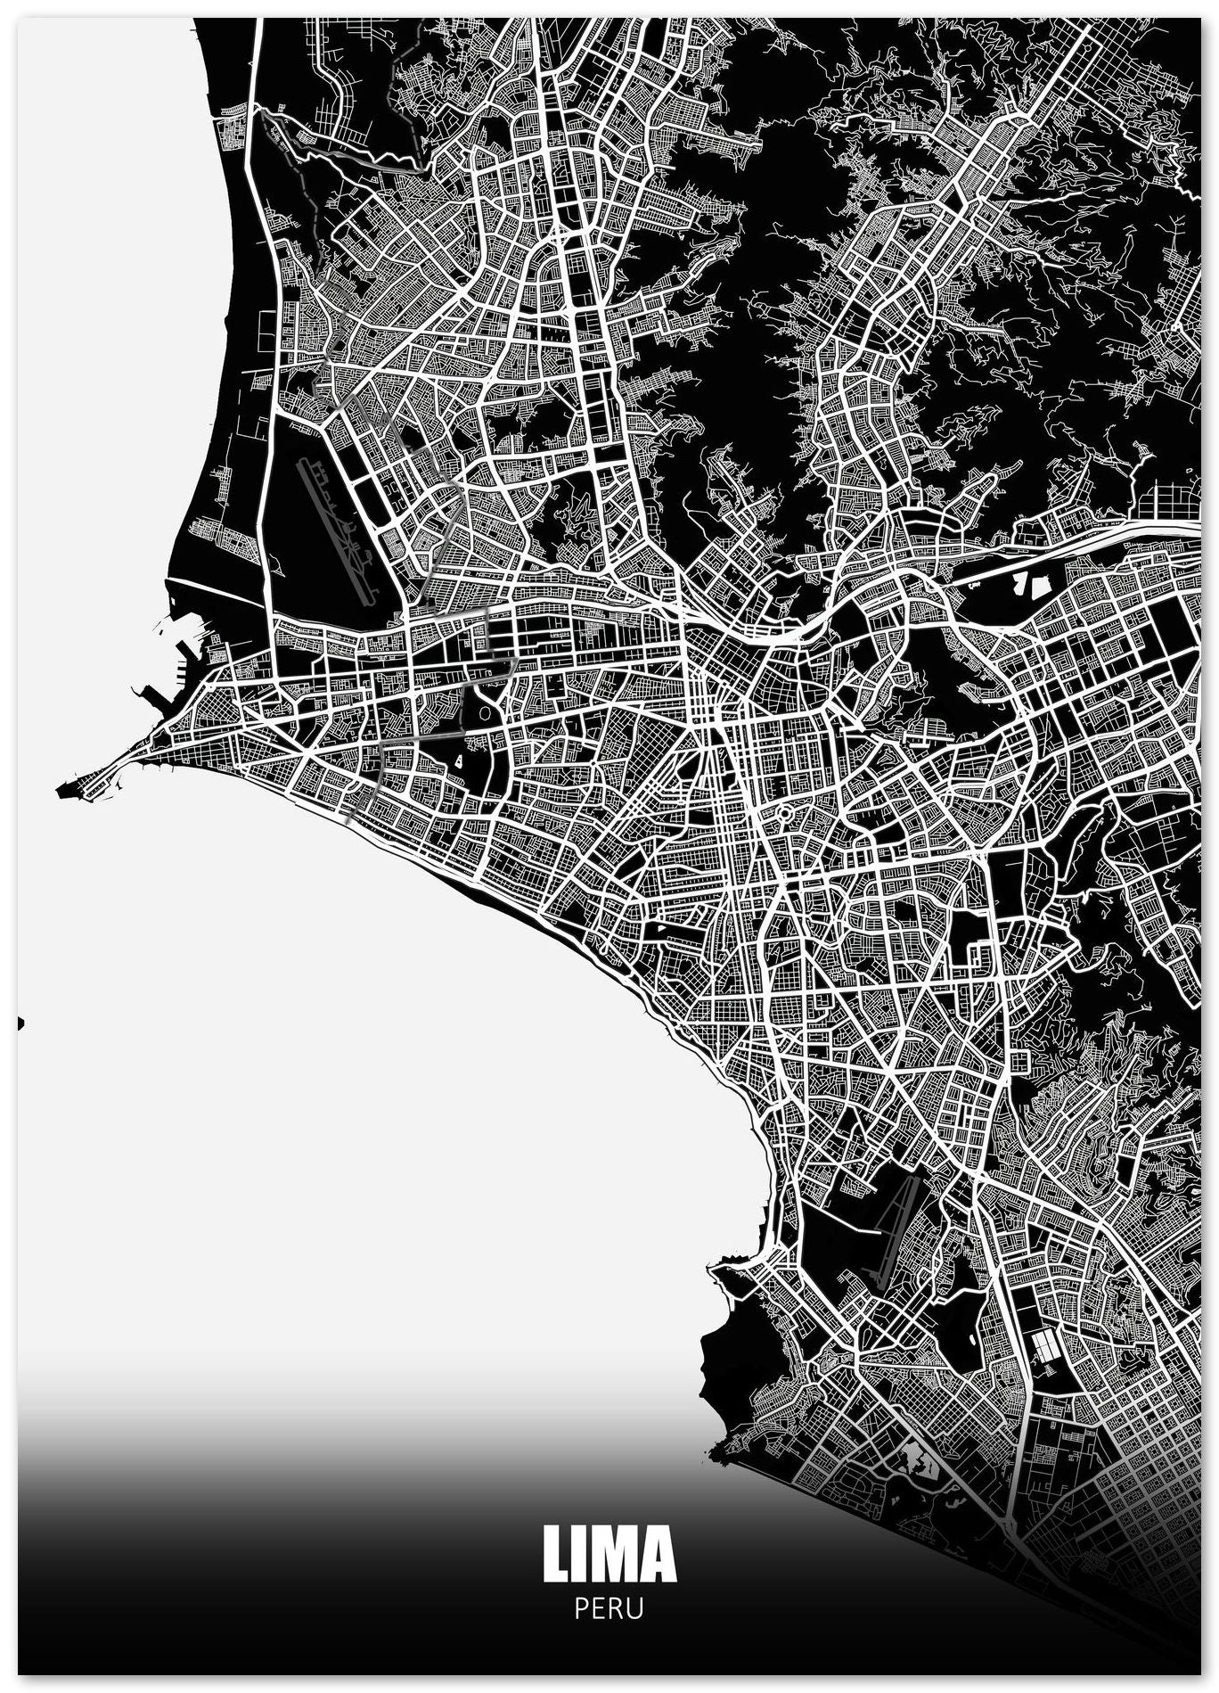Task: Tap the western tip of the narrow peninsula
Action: point(62,790)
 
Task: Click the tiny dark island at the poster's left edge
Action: point(20,1023)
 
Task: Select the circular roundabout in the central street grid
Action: point(785,813)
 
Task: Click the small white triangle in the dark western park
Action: point(457,760)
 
